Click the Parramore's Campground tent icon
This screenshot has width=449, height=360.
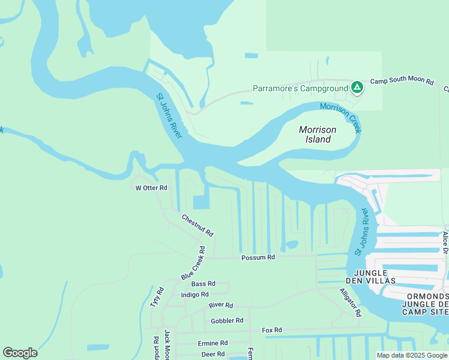(357, 88)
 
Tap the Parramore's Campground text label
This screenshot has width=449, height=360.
(300, 88)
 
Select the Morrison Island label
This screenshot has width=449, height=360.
(318, 134)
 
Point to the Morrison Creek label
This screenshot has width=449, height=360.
(342, 117)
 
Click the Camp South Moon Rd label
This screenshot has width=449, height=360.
(402, 80)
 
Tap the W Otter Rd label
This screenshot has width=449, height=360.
(150, 188)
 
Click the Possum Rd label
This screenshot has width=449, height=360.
(258, 257)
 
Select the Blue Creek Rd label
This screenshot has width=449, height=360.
(193, 263)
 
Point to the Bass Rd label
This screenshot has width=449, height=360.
(203, 284)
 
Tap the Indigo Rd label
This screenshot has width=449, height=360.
(194, 295)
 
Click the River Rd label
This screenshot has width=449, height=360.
(220, 305)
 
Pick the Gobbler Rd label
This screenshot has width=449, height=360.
(227, 321)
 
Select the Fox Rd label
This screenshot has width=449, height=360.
(272, 330)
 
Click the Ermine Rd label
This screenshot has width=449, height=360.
(213, 343)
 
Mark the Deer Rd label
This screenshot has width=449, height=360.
(212, 354)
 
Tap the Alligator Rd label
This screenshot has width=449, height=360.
(350, 302)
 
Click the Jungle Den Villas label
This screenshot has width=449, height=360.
(370, 277)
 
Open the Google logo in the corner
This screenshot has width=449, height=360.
(20, 353)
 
